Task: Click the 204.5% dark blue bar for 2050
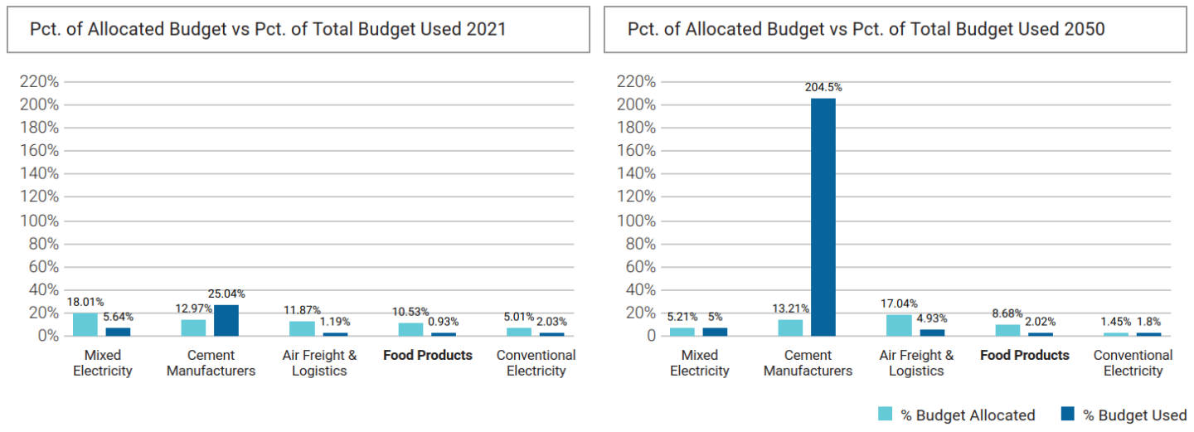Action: pos(823,216)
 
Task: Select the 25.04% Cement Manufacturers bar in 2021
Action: pos(226,320)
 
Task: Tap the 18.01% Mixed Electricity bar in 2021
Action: pos(85,324)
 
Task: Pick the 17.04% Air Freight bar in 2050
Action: pos(898,325)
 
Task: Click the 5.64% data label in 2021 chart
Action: pos(118,317)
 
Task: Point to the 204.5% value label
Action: pos(823,87)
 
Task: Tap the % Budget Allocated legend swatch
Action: pos(886,415)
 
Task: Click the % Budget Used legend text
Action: pos(1134,415)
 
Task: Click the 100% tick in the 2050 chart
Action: pos(635,221)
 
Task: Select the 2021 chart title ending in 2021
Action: pos(268,29)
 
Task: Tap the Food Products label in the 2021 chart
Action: pos(427,356)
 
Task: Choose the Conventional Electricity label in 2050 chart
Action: pos(1133,363)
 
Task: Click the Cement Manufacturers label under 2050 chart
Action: pos(808,363)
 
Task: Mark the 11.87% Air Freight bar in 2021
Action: pos(302,328)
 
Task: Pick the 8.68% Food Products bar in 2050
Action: pos(1007,330)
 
